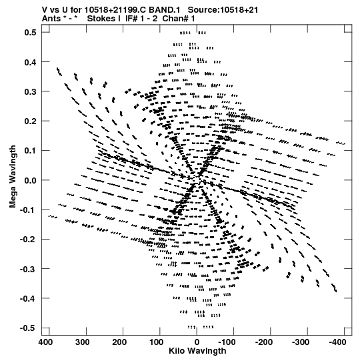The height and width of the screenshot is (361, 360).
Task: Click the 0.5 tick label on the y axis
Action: tap(31, 33)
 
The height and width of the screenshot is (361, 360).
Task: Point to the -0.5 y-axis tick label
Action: tap(28, 328)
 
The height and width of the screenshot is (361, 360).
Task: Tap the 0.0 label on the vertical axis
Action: tap(31, 180)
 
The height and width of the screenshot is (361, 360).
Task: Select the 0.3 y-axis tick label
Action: tap(31, 91)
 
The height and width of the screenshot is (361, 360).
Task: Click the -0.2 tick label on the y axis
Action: tap(28, 240)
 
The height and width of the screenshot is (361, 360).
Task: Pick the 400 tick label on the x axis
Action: tap(45, 342)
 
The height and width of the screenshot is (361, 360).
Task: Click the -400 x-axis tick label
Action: tap(337, 342)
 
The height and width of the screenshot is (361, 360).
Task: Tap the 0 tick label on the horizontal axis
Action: tap(197, 342)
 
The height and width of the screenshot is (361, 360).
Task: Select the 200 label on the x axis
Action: tap(119, 342)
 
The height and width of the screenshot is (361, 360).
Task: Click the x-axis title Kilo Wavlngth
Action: tap(197, 351)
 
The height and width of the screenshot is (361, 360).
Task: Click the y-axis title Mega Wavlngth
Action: tap(13, 177)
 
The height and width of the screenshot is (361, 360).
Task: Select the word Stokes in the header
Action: tap(104, 19)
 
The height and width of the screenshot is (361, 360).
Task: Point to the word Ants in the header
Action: tap(51, 19)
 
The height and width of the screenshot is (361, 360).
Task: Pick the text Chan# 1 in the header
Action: tap(179, 19)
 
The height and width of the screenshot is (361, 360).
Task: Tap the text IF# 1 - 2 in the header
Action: tap(141, 19)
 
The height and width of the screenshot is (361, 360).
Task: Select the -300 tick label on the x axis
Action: tap(301, 342)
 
